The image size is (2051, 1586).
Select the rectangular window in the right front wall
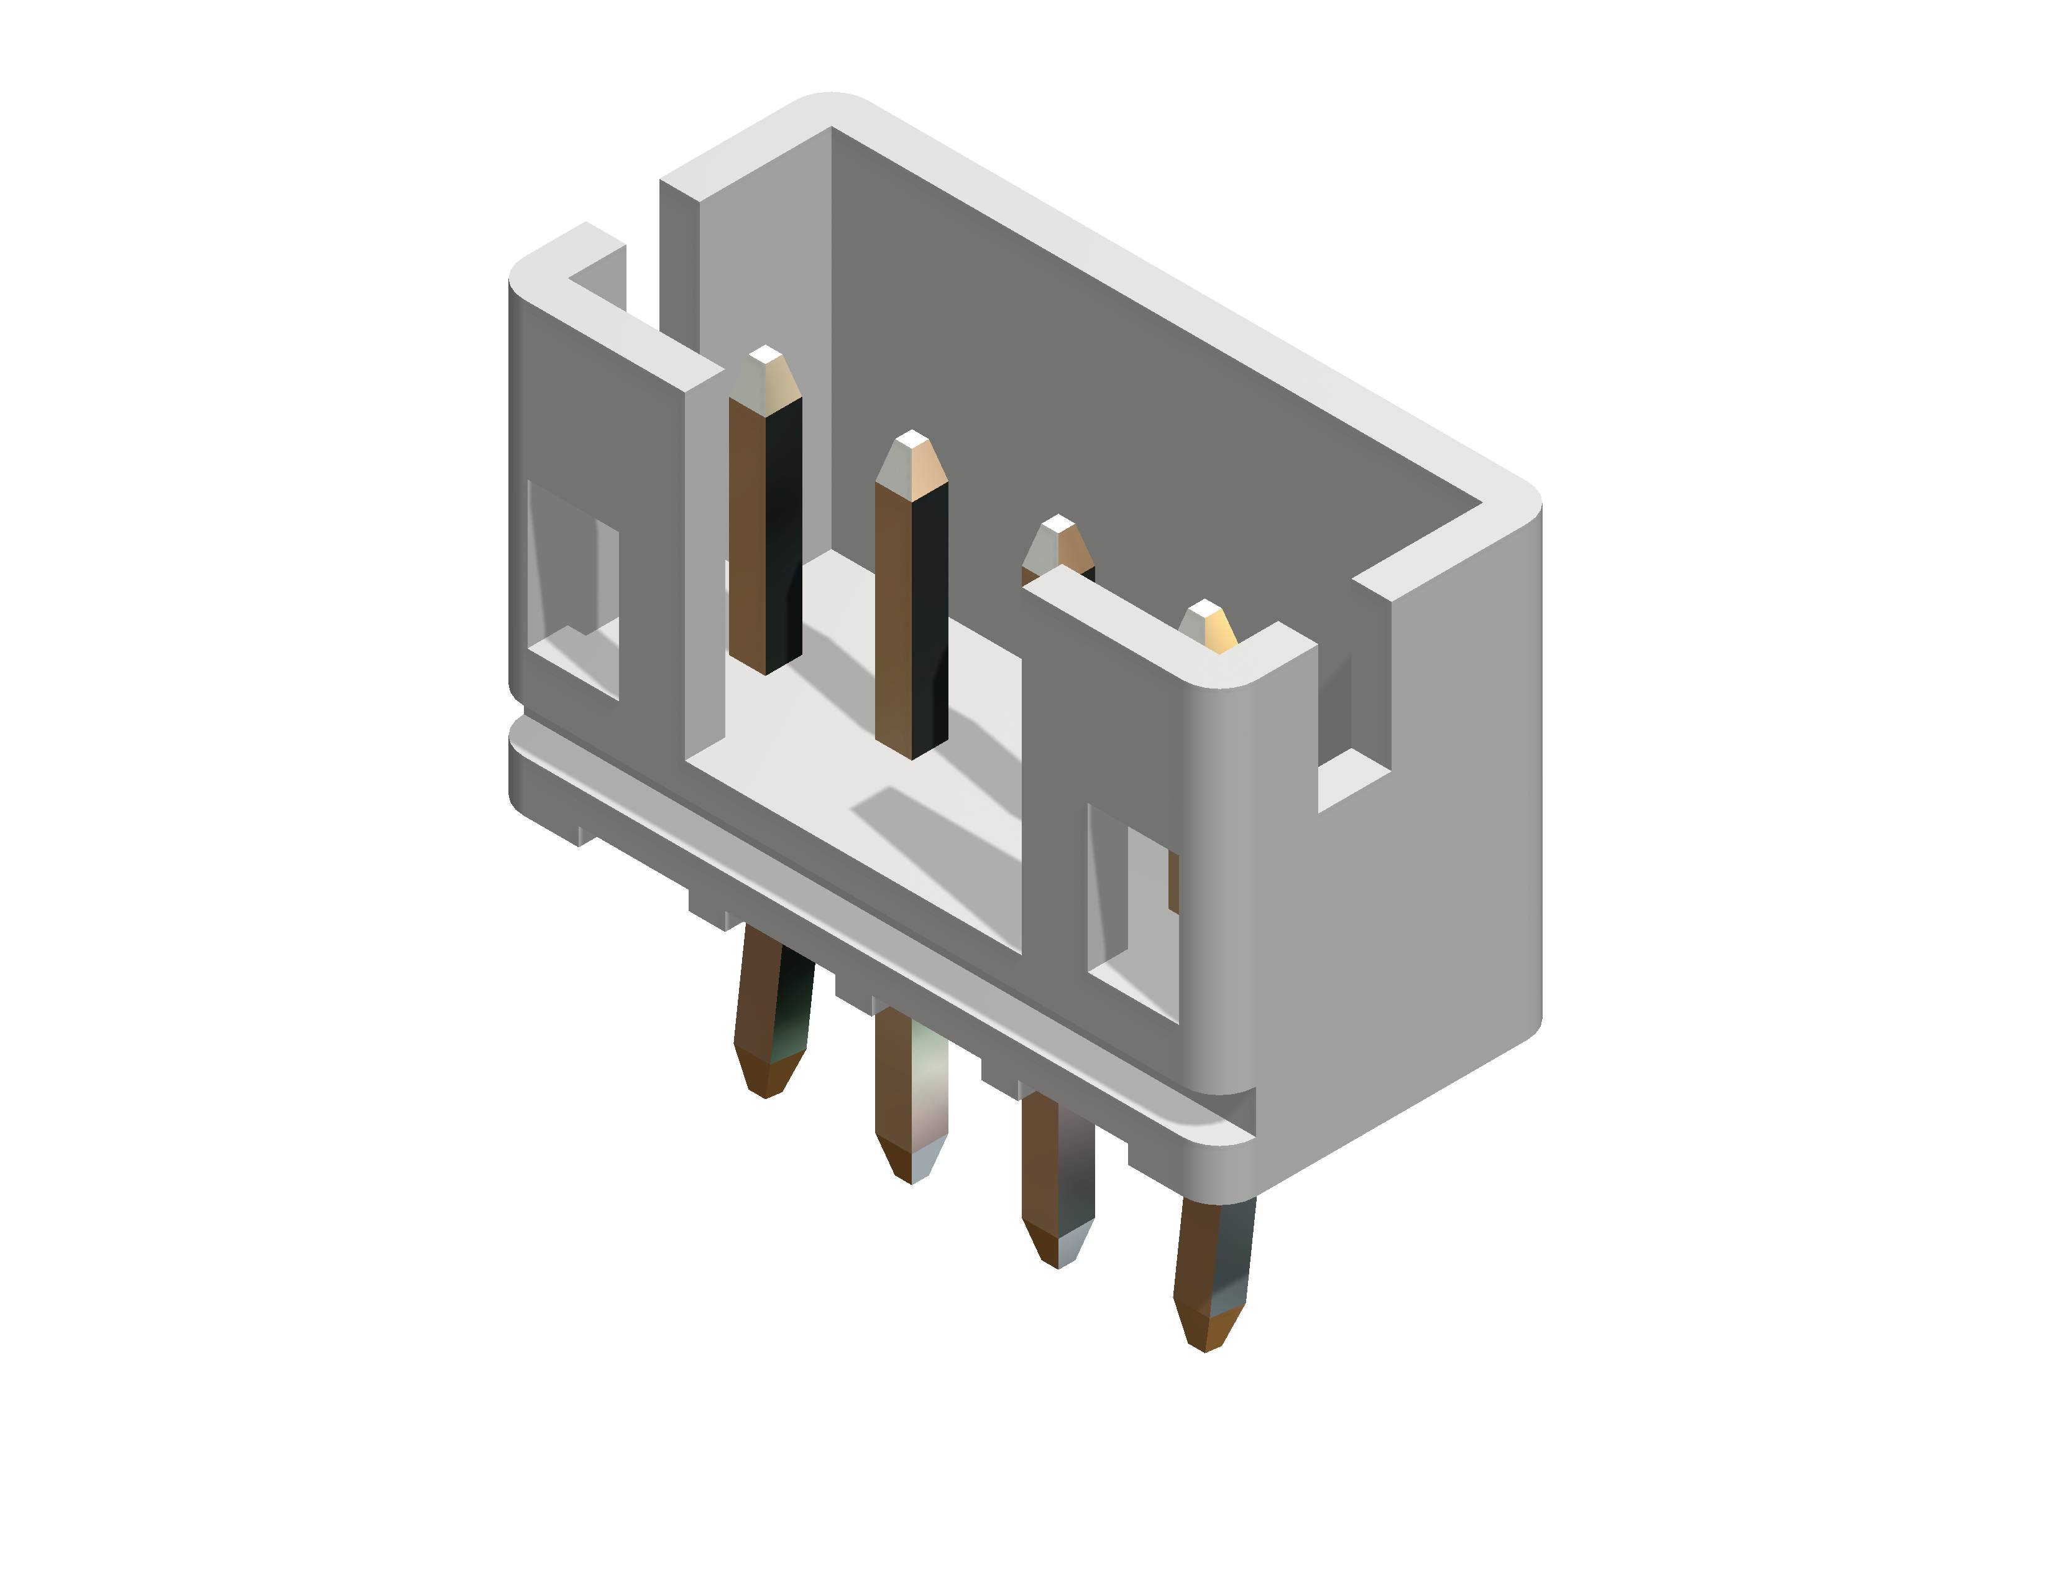[x=1132, y=911]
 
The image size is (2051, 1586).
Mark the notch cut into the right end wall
[x=1352, y=695]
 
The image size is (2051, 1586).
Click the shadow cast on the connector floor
[x=939, y=827]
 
